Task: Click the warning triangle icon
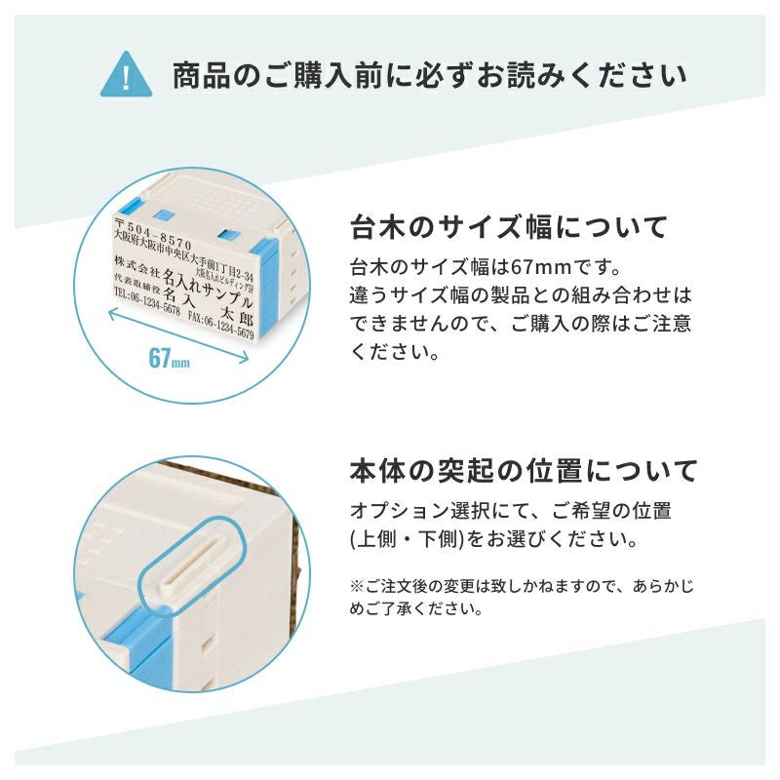click(126, 75)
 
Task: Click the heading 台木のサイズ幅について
click(508, 227)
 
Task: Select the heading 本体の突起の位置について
click(524, 471)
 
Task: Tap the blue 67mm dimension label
click(169, 358)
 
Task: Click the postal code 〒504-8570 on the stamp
click(153, 233)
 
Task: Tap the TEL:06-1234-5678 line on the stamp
click(147, 301)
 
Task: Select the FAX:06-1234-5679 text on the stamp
click(221, 325)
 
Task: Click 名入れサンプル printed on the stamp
click(208, 289)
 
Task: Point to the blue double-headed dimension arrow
click(178, 335)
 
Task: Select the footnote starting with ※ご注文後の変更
click(522, 597)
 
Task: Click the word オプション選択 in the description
click(421, 511)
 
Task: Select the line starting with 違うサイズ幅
click(521, 295)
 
